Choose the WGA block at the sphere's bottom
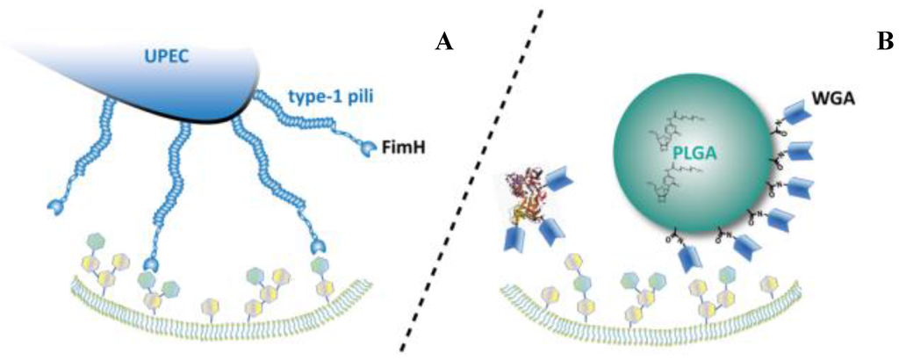693,257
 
